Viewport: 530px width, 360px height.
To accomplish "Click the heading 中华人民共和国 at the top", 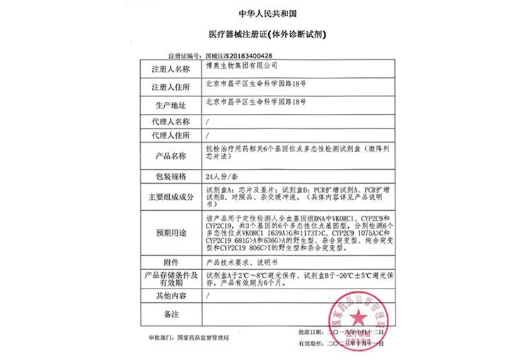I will point(264,13).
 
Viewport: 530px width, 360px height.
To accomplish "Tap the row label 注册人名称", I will point(171,69).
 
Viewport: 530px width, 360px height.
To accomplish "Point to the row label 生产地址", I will point(171,105).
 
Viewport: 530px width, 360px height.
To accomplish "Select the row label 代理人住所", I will point(171,135).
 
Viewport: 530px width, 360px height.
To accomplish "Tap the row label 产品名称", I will point(171,156).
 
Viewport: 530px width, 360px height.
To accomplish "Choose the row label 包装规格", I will point(171,175).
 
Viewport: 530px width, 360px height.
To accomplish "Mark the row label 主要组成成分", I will point(171,197).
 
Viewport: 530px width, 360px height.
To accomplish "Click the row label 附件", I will point(171,262).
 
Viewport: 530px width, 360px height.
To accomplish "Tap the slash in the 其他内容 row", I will point(206,295).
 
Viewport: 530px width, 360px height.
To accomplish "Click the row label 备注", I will point(171,313).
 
